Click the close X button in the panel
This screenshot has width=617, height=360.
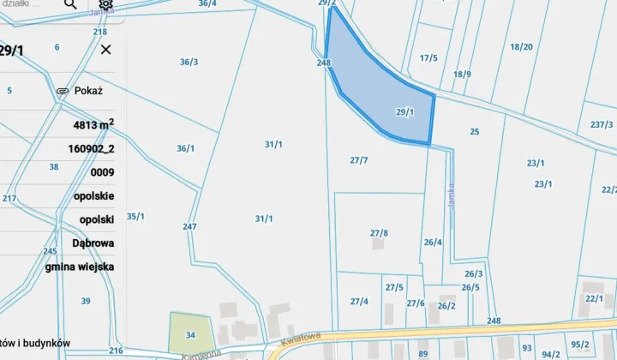tap(105, 50)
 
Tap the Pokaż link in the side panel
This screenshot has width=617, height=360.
tap(87, 90)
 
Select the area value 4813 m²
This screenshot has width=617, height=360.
tap(93, 125)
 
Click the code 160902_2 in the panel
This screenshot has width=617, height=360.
tap(91, 148)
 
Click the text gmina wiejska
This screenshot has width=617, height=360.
tap(80, 266)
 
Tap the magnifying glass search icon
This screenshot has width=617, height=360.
tap(70, 4)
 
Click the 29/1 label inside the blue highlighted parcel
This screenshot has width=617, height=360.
tap(405, 112)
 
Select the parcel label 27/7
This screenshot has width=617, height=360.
tap(359, 160)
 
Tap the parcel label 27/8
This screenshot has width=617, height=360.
tap(379, 233)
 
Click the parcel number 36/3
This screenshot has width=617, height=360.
tap(189, 62)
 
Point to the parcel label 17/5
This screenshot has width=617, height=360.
tap(428, 58)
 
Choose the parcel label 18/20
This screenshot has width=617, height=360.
tap(521, 47)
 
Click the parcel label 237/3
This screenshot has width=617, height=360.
tap(602, 124)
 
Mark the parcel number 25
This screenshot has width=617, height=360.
tap(475, 131)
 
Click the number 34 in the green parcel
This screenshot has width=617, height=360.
tap(191, 333)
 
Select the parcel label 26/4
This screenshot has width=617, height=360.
tap(433, 243)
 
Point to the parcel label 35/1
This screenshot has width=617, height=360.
tap(135, 216)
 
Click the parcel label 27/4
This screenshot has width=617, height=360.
tap(359, 301)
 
